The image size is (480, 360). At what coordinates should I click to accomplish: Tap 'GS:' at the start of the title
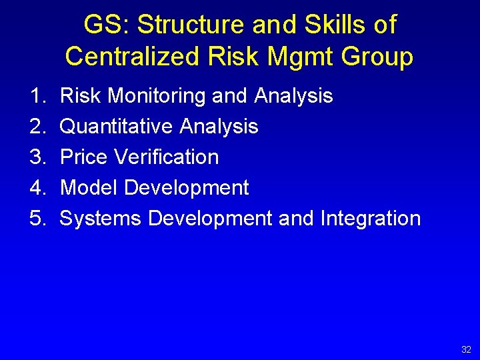pyautogui.click(x=106, y=25)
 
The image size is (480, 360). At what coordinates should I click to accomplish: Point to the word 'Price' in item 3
pyautogui.click(x=85, y=157)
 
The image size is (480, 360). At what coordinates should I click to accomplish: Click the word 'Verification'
pyautogui.click(x=167, y=157)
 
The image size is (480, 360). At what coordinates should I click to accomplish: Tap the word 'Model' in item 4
pyautogui.click(x=89, y=188)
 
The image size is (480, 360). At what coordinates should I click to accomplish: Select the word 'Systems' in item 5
pyautogui.click(x=101, y=219)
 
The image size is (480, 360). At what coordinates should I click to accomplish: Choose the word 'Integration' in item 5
pyautogui.click(x=371, y=219)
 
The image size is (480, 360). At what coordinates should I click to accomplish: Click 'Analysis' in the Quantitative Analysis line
pyautogui.click(x=219, y=127)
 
